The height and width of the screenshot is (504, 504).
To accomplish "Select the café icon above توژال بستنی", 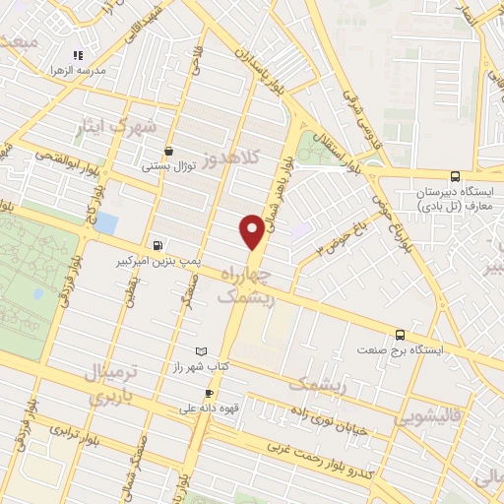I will tap(170, 151).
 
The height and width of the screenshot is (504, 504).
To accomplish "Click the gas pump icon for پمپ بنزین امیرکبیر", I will tap(157, 245).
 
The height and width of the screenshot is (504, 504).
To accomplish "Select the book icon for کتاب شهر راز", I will tap(202, 350).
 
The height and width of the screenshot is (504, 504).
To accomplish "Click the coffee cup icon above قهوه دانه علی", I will tap(208, 393).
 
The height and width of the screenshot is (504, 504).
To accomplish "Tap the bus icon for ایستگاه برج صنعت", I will tap(400, 335).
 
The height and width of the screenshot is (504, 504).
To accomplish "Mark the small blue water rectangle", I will tap(105, 223).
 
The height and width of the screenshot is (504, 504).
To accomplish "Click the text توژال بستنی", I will tap(171, 166).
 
